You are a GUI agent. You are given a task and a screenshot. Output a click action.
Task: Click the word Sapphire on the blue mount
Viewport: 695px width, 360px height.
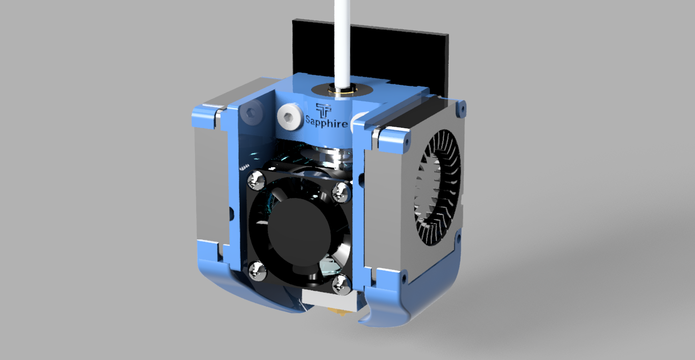(327, 122)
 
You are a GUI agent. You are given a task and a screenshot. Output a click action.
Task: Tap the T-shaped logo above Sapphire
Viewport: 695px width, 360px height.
(324, 110)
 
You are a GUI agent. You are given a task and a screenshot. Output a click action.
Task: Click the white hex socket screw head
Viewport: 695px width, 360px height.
(289, 117)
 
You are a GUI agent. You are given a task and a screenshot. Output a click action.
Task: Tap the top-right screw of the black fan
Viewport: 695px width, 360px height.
(341, 192)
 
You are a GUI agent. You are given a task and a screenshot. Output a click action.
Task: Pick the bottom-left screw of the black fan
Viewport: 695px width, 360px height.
(257, 271)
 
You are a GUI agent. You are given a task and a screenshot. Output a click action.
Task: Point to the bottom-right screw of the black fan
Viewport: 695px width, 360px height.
(342, 284)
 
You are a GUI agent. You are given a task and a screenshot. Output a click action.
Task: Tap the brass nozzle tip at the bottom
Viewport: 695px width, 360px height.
(342, 314)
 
